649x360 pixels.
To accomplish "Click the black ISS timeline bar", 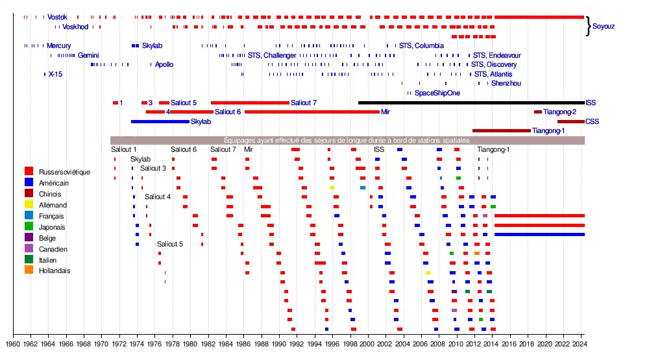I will click(471, 102).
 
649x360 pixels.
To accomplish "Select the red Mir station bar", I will click(312, 112).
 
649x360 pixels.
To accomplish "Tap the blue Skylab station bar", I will click(160, 121).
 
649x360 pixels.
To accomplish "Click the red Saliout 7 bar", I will click(250, 102).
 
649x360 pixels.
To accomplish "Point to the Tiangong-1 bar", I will click(501, 130).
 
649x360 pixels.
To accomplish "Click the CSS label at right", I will click(592, 121).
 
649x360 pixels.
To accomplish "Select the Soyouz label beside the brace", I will click(604, 27).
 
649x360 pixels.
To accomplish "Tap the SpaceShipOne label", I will click(437, 93).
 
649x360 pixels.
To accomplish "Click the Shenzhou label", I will click(506, 83).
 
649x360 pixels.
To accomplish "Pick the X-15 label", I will click(55, 74).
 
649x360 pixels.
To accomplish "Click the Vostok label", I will click(57, 17).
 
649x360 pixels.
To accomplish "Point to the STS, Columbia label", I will click(421, 45).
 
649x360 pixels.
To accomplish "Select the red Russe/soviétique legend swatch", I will click(29, 171).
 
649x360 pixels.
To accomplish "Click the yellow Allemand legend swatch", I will click(29, 204).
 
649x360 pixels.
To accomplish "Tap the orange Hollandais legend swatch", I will click(29, 270).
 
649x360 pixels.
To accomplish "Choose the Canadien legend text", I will click(53, 249).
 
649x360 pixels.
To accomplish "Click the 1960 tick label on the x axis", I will click(13, 344).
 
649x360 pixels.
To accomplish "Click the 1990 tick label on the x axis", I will click(279, 344).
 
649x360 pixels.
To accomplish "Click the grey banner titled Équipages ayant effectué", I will click(347, 140).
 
